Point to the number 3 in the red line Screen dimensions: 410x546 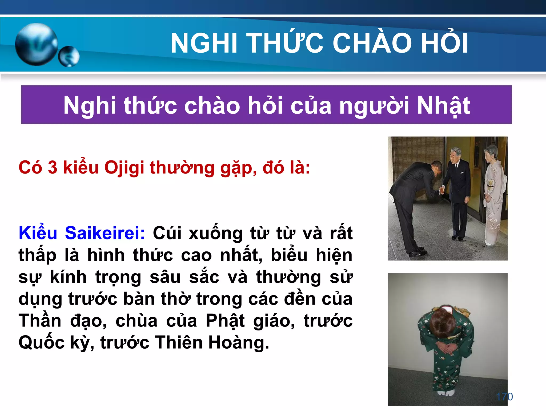(53, 168)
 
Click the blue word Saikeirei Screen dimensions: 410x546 (105, 233)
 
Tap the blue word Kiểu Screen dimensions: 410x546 (38, 233)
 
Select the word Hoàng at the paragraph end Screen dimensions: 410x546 (239, 342)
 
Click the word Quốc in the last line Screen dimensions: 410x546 (42, 342)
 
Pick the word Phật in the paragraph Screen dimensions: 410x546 (225, 321)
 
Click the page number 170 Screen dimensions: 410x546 (504, 397)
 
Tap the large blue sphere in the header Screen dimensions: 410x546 (37, 44)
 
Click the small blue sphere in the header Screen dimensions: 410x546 (69, 56)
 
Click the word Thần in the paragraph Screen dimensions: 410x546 (40, 321)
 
